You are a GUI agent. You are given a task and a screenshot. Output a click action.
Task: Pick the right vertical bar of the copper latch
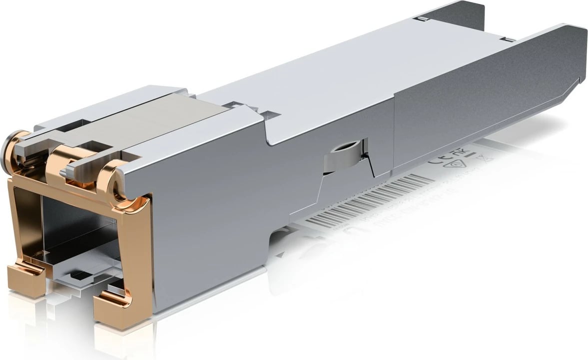click(x=137, y=250)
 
